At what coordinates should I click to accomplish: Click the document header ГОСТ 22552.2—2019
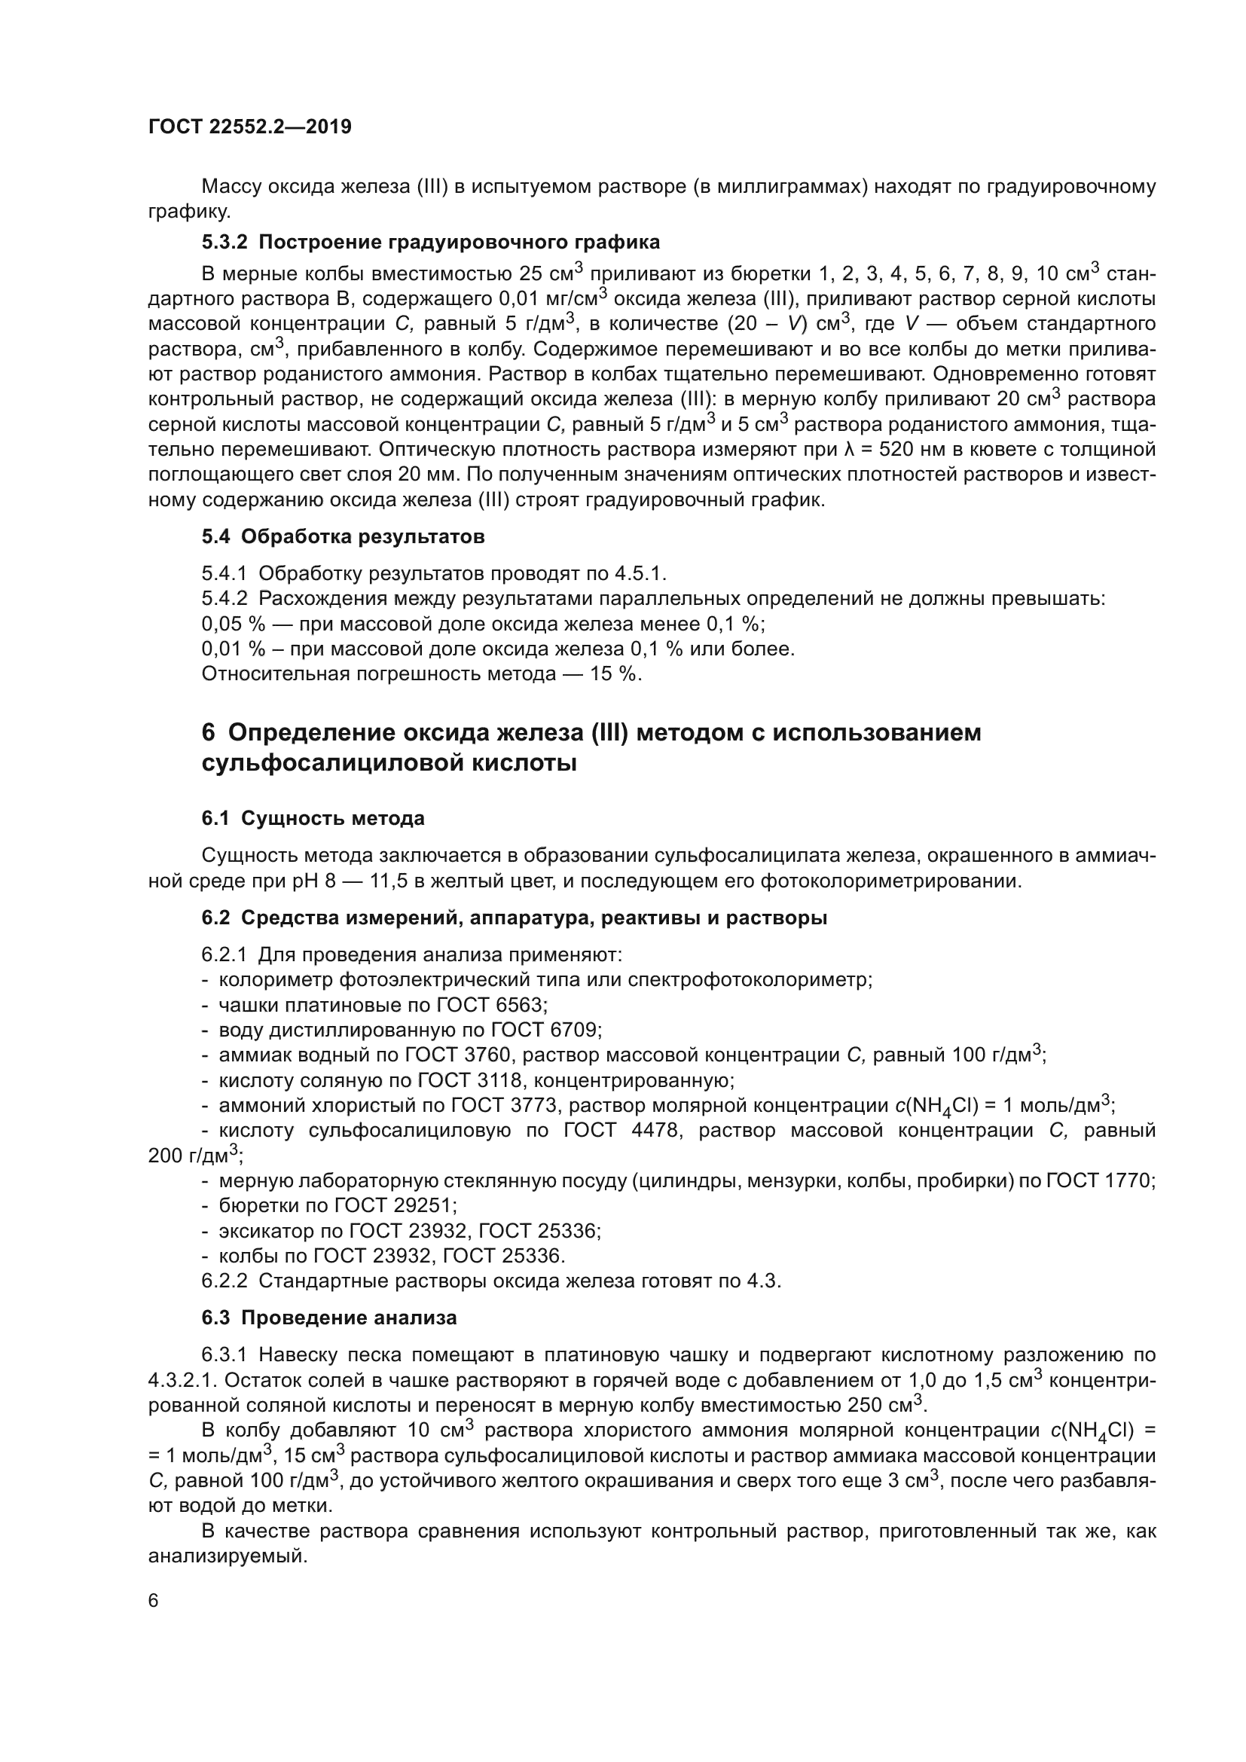249,127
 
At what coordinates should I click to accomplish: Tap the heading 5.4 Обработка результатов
343,536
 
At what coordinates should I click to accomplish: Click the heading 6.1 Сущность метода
313,818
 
